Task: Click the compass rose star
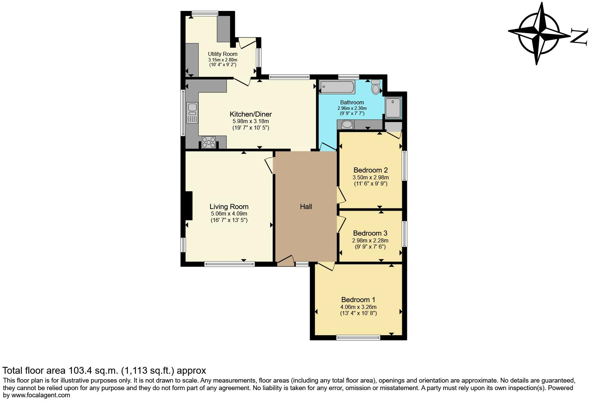539,33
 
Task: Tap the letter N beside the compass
579,37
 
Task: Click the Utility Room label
223,54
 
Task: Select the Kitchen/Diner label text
251,114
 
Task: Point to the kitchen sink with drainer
192,113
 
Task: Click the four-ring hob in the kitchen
209,142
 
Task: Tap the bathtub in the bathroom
337,87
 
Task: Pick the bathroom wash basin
347,124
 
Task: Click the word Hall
306,207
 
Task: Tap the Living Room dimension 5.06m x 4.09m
229,214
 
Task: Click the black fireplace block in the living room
189,206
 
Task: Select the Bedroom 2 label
371,170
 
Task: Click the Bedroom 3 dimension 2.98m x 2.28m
370,240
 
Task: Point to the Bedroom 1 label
358,300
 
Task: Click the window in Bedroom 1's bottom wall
358,338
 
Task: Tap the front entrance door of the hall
286,261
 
